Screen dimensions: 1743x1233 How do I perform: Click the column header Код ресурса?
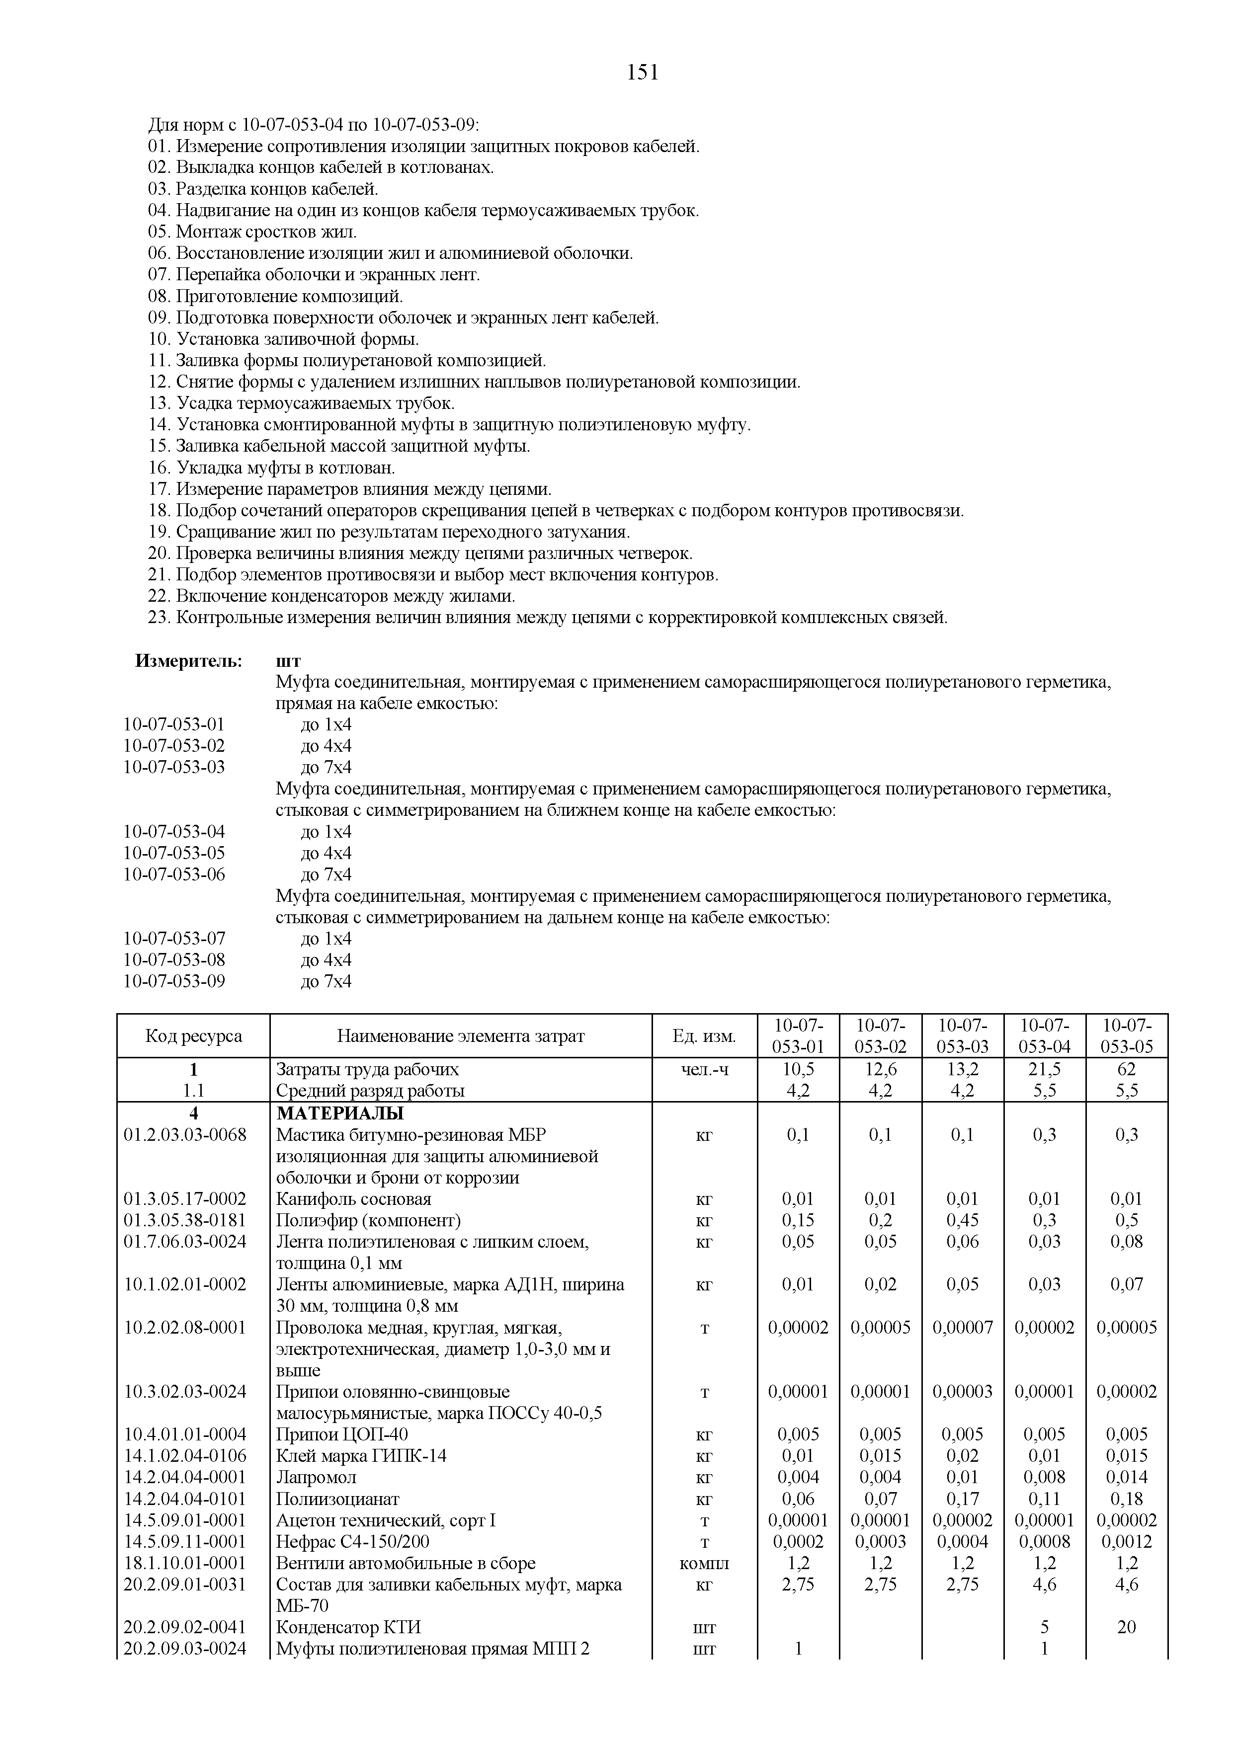(194, 1035)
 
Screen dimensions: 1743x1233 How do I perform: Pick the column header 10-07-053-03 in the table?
(962, 1035)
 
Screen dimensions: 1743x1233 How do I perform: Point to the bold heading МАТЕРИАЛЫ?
(340, 1113)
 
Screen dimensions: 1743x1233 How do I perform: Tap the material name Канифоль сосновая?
(354, 1199)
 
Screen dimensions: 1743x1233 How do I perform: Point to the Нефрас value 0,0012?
(1126, 1542)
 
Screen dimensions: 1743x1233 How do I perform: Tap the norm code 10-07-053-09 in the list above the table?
(174, 982)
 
